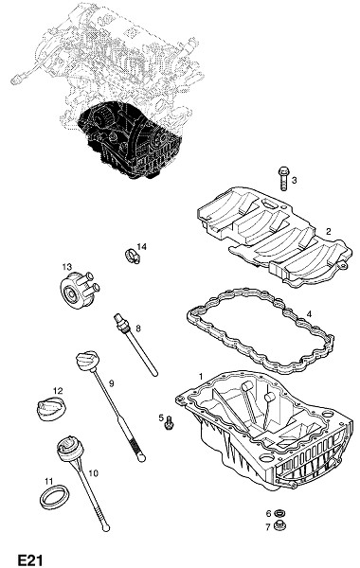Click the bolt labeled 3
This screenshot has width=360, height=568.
point(283,178)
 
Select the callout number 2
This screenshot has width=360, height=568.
point(328,232)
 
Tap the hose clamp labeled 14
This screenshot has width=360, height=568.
point(133,257)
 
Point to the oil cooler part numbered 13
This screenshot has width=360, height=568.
point(79,290)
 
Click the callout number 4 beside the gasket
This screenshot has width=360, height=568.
point(309,314)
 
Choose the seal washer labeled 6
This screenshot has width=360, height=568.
point(279,513)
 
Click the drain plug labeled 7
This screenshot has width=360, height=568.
point(279,524)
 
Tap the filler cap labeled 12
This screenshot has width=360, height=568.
point(52,409)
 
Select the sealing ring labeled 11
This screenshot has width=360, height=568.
point(54,498)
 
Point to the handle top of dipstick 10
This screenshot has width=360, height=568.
point(69,449)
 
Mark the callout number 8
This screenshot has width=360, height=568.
point(137,328)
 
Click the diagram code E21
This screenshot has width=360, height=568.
point(30,559)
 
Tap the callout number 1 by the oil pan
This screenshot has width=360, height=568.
point(201,377)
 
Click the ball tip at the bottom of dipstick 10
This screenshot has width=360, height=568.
point(105,528)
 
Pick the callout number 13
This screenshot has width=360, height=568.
point(67,267)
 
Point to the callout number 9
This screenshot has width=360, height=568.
point(112,383)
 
